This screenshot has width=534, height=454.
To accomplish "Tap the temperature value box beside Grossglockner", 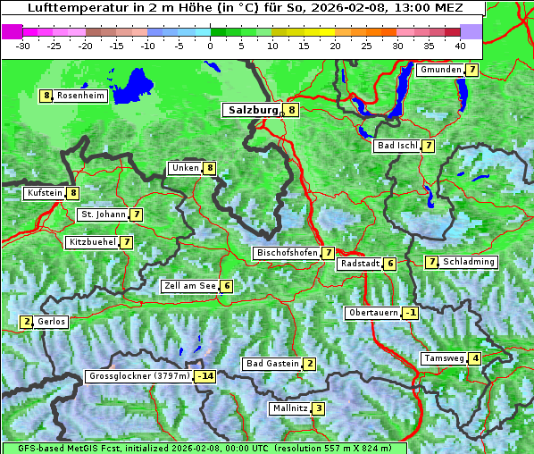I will [205, 376].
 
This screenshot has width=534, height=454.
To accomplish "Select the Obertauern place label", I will [372, 313].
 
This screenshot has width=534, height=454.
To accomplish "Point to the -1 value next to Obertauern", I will [410, 313].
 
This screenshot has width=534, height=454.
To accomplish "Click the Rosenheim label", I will [80, 96].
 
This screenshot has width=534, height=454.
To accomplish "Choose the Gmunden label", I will [440, 70].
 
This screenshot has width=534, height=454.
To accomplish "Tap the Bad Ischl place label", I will [396, 146].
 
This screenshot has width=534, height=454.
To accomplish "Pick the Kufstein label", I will [45, 192].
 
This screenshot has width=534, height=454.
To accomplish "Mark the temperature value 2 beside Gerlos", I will [27, 322].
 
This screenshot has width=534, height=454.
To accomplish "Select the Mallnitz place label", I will [289, 408].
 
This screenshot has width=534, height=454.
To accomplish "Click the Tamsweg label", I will [445, 358].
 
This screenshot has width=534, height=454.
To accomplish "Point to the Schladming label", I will [469, 262].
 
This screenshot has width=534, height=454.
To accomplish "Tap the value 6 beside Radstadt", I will [390, 264].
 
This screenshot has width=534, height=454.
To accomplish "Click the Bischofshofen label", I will [287, 253].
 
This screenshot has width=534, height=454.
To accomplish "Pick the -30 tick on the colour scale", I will [23, 45].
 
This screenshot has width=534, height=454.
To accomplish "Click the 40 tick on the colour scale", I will [460, 45].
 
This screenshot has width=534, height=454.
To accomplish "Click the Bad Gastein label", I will [272, 364].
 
